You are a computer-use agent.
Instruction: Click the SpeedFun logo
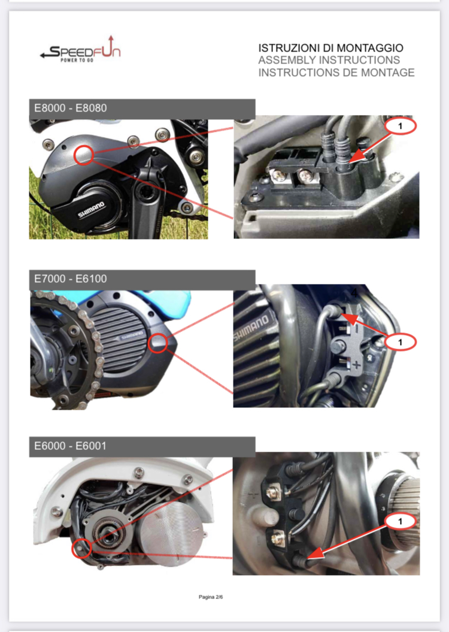(x=80, y=53)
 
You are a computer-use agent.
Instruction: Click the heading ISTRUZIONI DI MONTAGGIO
(x=330, y=48)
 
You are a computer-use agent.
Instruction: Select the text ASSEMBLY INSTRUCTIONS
(x=329, y=61)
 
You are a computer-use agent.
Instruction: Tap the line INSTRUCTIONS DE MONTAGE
(x=336, y=73)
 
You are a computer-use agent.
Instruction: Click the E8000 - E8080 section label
(x=71, y=108)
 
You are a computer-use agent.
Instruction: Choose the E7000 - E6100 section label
(x=71, y=279)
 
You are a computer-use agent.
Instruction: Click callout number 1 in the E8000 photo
(x=401, y=125)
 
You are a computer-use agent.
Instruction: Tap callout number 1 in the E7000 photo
(x=400, y=341)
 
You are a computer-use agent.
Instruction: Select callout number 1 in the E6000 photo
(x=401, y=521)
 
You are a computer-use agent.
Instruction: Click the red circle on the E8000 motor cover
(x=84, y=155)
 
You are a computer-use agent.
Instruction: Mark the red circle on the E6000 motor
(x=81, y=548)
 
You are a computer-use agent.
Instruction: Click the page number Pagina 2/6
(x=211, y=597)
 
